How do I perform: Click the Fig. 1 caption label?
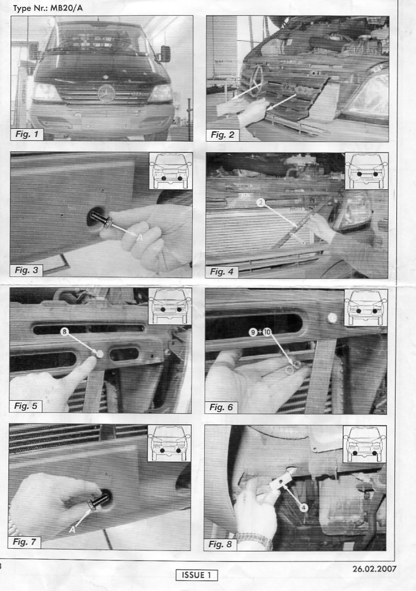pos(27,134)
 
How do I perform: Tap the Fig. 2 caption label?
pos(222,134)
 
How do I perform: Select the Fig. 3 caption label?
pos(26,270)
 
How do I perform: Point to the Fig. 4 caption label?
pos(222,271)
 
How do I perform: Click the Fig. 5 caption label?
pos(26,406)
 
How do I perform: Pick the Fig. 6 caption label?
pos(221,407)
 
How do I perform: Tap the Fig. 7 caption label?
pos(25,542)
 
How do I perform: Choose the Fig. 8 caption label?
pos(220,544)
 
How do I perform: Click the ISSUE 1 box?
pos(196,575)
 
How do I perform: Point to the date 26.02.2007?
pos(375,568)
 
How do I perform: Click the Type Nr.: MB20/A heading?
pos(48,8)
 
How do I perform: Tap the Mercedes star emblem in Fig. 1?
pos(104,92)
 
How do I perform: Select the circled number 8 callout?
pos(64,331)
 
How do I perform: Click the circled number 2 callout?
pos(260,203)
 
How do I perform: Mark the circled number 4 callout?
pos(304,508)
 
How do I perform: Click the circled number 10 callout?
pos(267,332)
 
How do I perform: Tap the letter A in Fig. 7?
pos(72,529)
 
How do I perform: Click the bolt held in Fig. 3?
pos(99,218)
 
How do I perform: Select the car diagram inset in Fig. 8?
pos(365,444)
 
